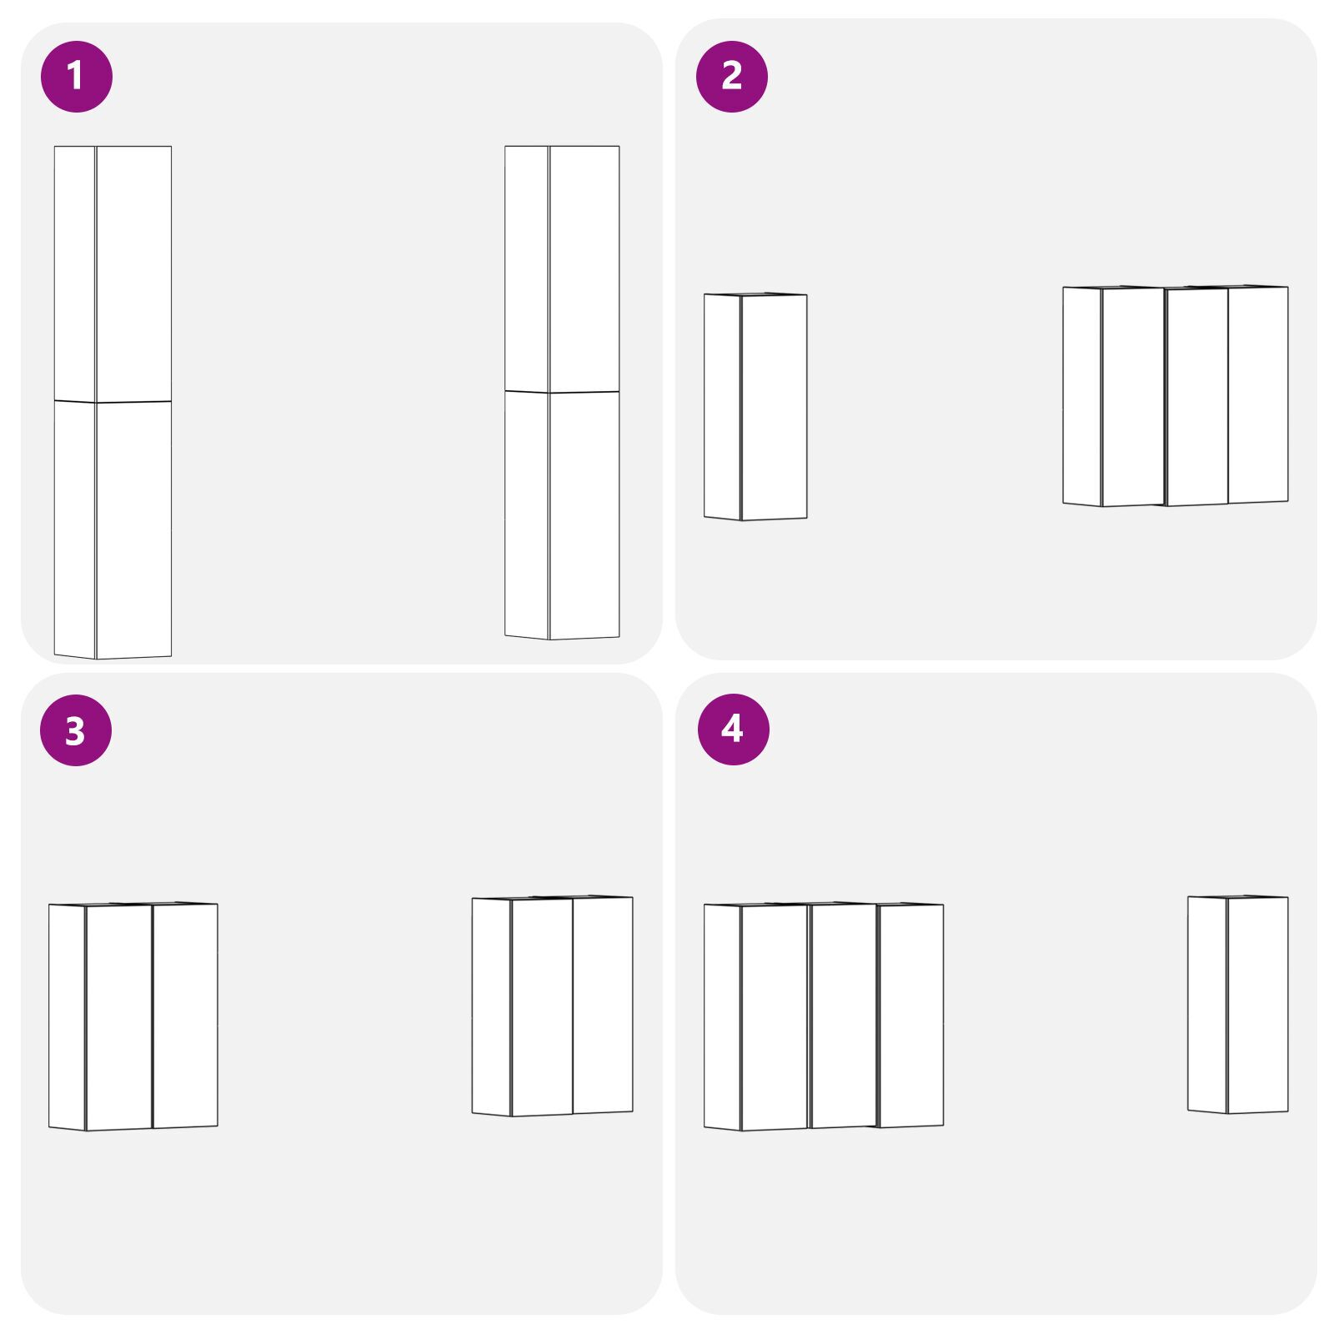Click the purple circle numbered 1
76,76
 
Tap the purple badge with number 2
731,76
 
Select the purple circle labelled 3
76,730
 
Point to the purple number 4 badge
733,729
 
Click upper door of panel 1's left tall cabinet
133,274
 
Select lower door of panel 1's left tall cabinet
133,529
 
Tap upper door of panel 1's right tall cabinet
584,268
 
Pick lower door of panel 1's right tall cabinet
584,515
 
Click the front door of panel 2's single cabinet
774,407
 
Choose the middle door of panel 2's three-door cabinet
1196,397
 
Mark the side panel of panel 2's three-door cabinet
1082,397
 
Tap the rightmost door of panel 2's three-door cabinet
1258,395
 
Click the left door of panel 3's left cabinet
118,1018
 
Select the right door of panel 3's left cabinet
185,1016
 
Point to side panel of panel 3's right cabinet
492,1007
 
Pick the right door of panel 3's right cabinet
603,1006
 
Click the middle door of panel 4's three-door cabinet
843,1016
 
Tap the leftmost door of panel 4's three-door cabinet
775,1018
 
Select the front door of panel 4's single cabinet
1258,1006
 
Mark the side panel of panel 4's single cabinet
1207,1005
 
